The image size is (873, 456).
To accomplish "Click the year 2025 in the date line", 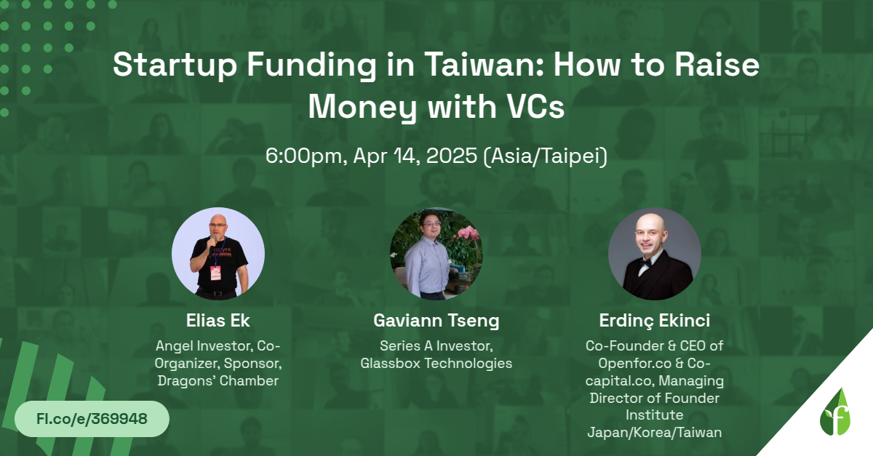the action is point(452,156).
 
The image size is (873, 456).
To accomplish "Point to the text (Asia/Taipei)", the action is point(545,156).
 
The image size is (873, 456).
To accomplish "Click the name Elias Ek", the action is point(218,321).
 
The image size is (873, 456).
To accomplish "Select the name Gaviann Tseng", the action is point(436,321).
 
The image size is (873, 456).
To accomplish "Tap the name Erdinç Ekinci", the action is point(654,321).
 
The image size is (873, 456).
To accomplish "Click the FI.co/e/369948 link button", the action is point(92,419).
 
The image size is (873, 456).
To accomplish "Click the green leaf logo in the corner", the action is point(835,412).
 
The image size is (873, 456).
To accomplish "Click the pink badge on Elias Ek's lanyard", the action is point(215,273).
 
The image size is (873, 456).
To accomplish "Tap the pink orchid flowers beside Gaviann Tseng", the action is point(467,235).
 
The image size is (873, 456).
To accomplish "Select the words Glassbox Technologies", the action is point(436,363).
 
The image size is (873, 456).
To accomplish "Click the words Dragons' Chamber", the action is point(218,381).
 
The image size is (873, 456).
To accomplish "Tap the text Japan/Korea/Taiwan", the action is point(654,433).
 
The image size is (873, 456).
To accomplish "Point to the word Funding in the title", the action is point(312,65).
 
